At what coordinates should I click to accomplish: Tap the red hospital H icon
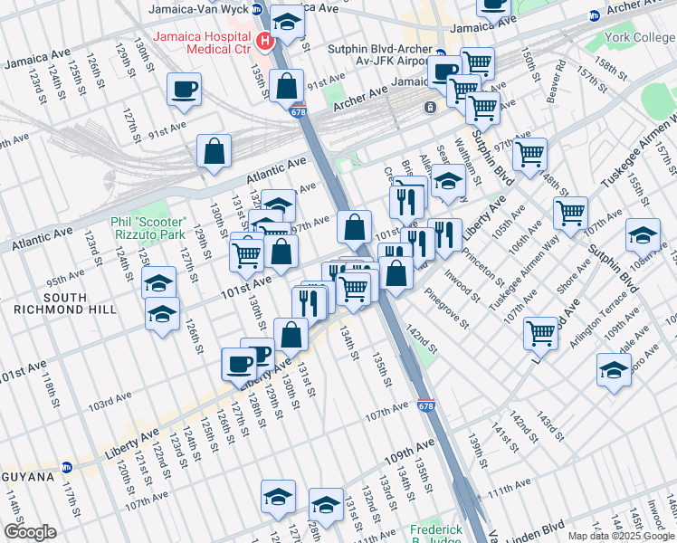pos(264,40)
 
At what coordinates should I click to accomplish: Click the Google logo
pos(31,532)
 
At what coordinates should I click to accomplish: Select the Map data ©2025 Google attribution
pos(620,536)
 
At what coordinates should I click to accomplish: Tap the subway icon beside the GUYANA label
pos(65,474)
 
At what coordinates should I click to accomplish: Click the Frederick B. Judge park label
pos(435,534)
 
